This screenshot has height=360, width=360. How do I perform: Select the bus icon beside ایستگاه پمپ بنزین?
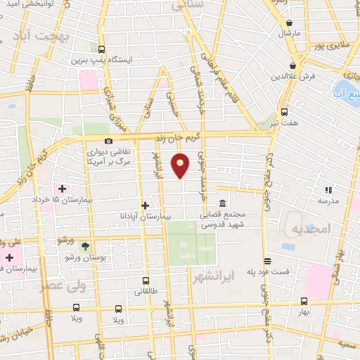(102, 50)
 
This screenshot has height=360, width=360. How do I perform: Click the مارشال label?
(288, 33)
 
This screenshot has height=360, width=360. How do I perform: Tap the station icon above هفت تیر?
(284, 111)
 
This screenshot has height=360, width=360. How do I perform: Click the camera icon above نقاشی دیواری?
(108, 141)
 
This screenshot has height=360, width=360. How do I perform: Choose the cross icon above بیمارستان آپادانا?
(145, 205)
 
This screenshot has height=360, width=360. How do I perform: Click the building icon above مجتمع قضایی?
(222, 203)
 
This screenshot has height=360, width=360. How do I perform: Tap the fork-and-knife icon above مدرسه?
(328, 189)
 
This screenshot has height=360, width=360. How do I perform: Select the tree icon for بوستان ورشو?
(85, 246)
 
